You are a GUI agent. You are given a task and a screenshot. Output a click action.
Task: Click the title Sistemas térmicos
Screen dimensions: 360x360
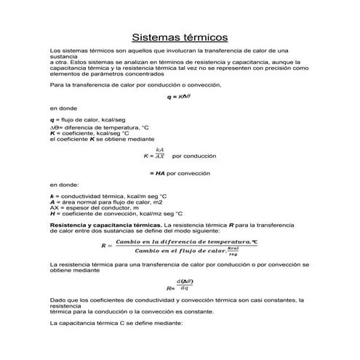(x=180, y=36)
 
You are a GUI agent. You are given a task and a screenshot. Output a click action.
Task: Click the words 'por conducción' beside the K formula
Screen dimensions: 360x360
(x=196, y=156)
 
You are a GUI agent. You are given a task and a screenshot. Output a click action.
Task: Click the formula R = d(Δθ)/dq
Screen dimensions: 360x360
(x=180, y=286)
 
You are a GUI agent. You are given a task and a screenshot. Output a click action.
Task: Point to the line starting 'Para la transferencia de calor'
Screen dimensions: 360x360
(x=124, y=84)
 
